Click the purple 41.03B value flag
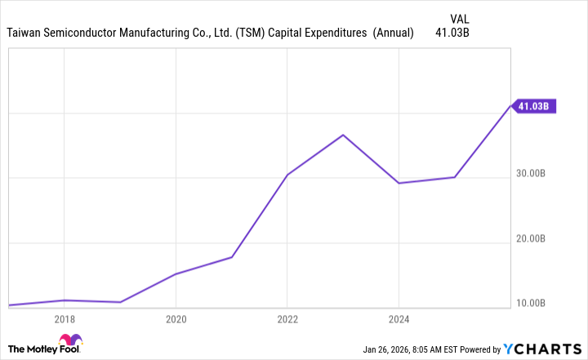coord(534,105)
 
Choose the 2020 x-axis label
coord(176,319)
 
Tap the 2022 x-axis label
coord(287,319)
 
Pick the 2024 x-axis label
coord(399,319)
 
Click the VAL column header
coord(460,17)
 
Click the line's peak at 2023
coord(343,135)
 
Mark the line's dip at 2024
coord(399,183)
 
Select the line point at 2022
coord(287,175)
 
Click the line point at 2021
coord(232,257)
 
